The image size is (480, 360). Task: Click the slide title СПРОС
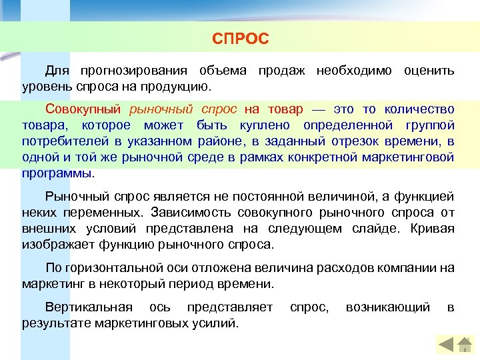(240, 39)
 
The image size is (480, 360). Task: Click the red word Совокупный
(84, 109)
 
